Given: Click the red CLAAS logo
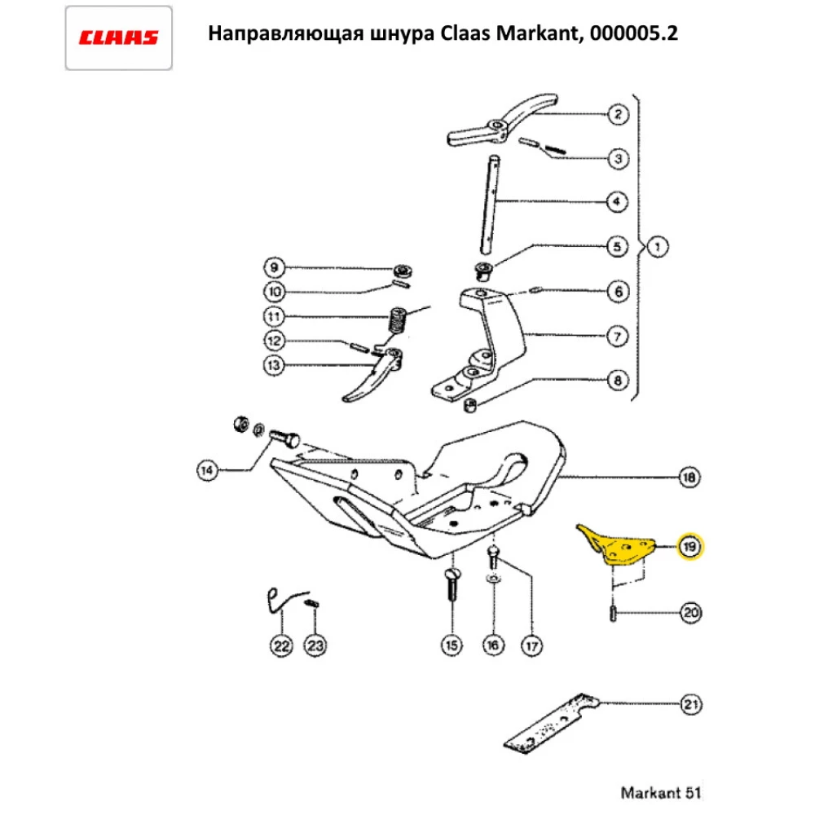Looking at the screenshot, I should click(x=118, y=37).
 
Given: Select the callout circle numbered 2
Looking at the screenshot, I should click(x=618, y=114).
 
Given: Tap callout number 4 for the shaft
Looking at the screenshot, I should click(x=618, y=201).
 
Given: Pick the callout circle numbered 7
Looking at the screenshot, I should click(x=618, y=335).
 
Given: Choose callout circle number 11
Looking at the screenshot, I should click(x=275, y=316).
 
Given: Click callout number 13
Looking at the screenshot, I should click(x=275, y=366).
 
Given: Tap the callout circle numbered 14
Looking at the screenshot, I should click(x=209, y=469).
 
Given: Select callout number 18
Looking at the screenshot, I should click(x=689, y=477).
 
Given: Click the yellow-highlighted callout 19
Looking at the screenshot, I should click(x=689, y=546).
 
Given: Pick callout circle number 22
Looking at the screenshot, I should click(x=281, y=646).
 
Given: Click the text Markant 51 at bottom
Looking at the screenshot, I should click(x=660, y=791).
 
